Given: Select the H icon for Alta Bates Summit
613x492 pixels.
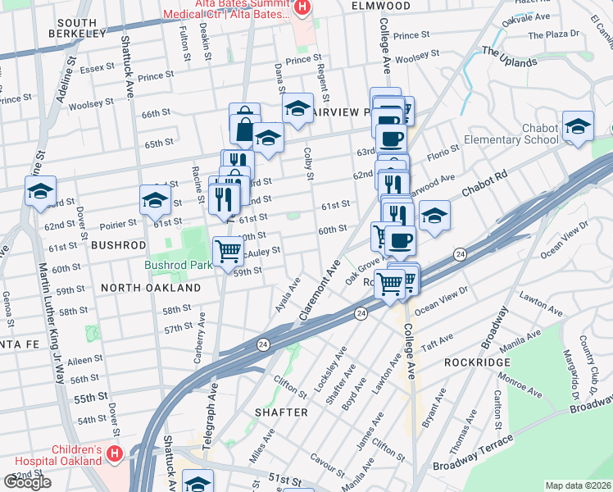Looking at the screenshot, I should [x=302, y=8].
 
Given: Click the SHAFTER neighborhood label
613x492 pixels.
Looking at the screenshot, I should [x=281, y=412].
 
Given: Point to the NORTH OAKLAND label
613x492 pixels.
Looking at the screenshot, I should [x=152, y=289].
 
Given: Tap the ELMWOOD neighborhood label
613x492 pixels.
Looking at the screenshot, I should [x=380, y=6].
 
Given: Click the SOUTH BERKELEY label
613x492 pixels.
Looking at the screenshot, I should [x=78, y=28].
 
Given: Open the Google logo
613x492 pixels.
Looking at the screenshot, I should [x=27, y=482].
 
